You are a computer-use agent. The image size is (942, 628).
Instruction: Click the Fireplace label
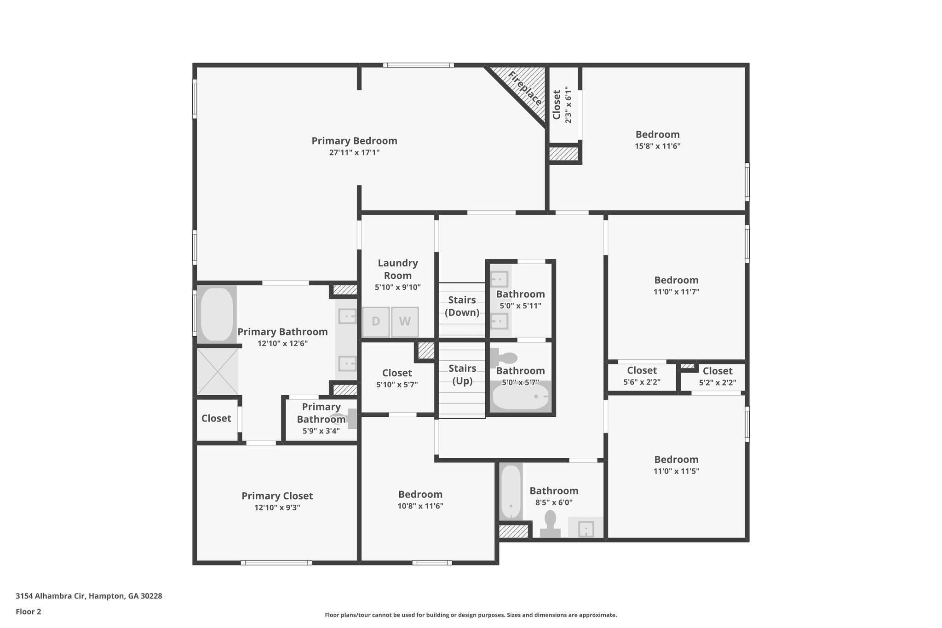(525, 89)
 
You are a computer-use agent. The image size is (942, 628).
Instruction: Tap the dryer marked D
(376, 322)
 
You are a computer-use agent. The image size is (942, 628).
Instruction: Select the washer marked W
(405, 322)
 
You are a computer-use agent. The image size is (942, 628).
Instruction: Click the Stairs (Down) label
(462, 306)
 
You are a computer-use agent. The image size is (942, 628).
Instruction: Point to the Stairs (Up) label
(462, 374)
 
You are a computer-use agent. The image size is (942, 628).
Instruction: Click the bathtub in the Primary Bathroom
(217, 314)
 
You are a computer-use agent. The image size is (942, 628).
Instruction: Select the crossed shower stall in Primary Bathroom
(218, 371)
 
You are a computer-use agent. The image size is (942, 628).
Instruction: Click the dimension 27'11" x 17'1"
(354, 153)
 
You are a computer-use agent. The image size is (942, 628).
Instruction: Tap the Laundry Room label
(398, 269)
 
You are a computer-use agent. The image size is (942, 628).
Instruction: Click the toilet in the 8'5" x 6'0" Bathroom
(550, 524)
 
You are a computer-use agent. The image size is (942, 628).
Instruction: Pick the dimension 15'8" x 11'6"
(657, 146)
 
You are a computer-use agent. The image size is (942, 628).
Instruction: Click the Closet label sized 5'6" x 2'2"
(642, 370)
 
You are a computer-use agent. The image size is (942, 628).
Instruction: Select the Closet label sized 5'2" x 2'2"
(717, 371)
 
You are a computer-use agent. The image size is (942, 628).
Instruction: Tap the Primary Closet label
(277, 496)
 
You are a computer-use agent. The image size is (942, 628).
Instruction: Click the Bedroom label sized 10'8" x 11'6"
(420, 494)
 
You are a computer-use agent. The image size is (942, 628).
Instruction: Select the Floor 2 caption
(29, 611)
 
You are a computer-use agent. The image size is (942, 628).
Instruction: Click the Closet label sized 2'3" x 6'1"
(557, 105)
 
